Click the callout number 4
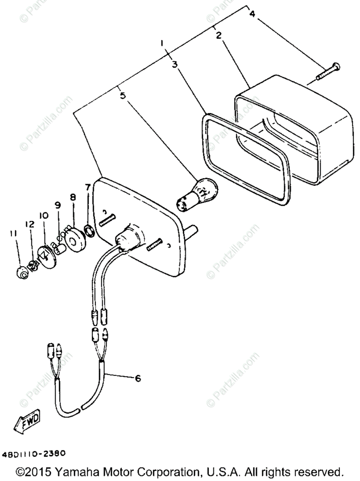click(252, 14)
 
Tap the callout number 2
click(219, 35)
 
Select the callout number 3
click(175, 64)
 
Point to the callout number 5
click(123, 95)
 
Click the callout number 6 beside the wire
click(138, 378)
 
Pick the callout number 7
click(87, 188)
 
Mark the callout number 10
click(43, 216)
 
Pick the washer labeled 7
click(89, 230)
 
